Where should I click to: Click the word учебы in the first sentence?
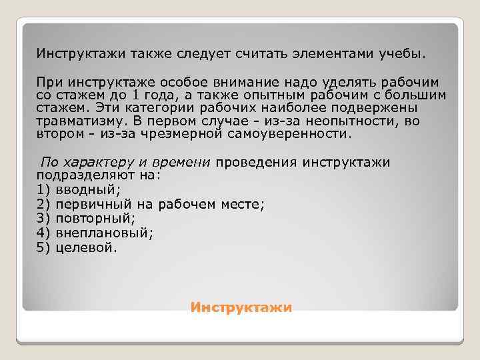pos(405,52)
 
